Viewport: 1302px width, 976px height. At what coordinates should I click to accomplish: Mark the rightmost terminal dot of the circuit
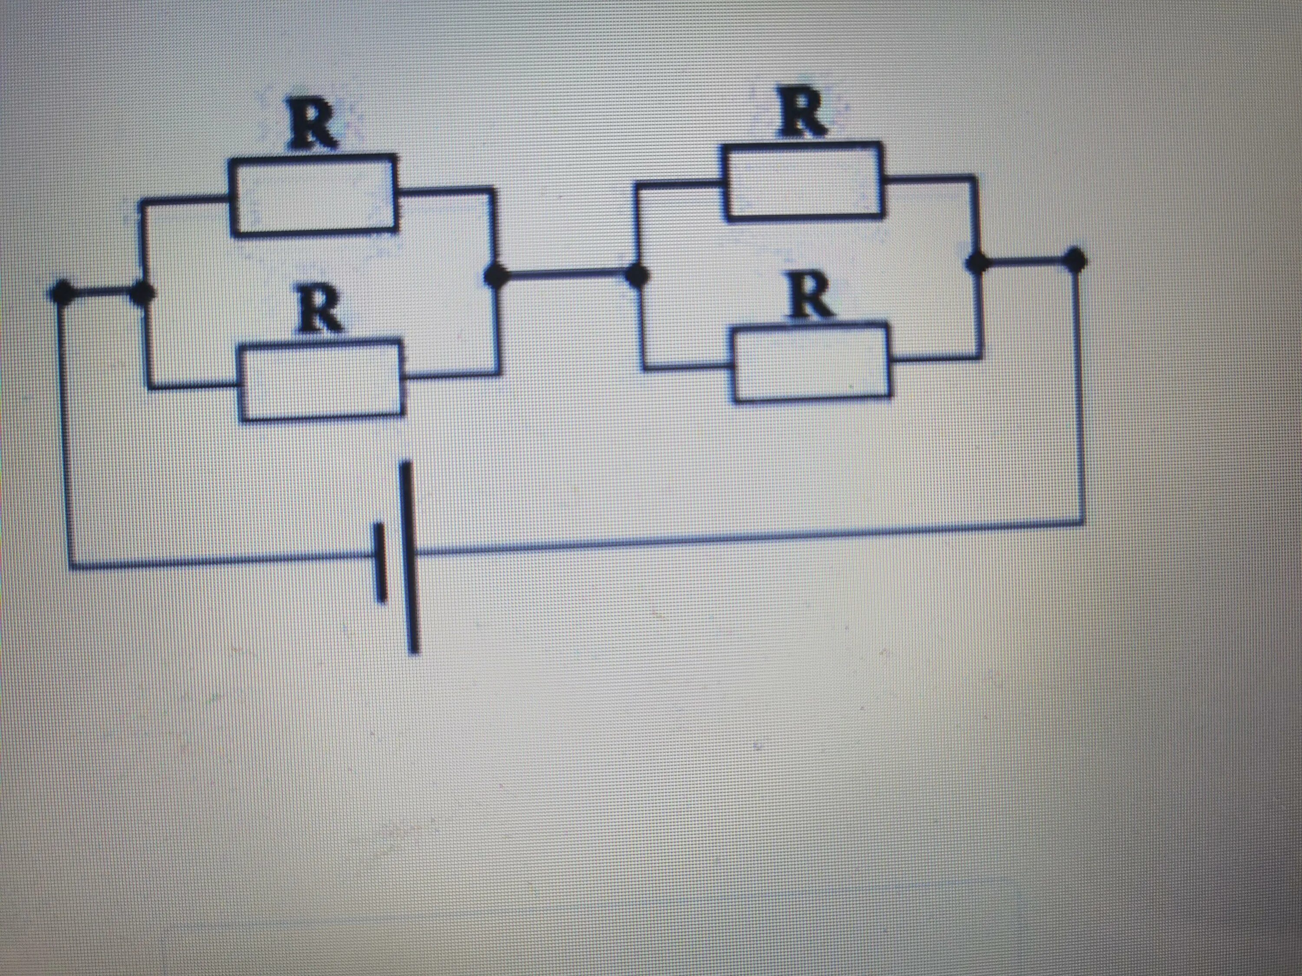[1076, 259]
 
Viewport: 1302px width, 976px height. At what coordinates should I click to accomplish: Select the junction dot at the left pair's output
[496, 275]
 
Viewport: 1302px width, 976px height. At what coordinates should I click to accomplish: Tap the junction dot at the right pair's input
[636, 275]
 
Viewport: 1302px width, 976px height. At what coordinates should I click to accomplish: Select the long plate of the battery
[410, 557]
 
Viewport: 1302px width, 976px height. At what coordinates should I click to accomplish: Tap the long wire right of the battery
[747, 537]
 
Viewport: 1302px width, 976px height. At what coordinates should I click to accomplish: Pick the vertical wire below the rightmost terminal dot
[1079, 394]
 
